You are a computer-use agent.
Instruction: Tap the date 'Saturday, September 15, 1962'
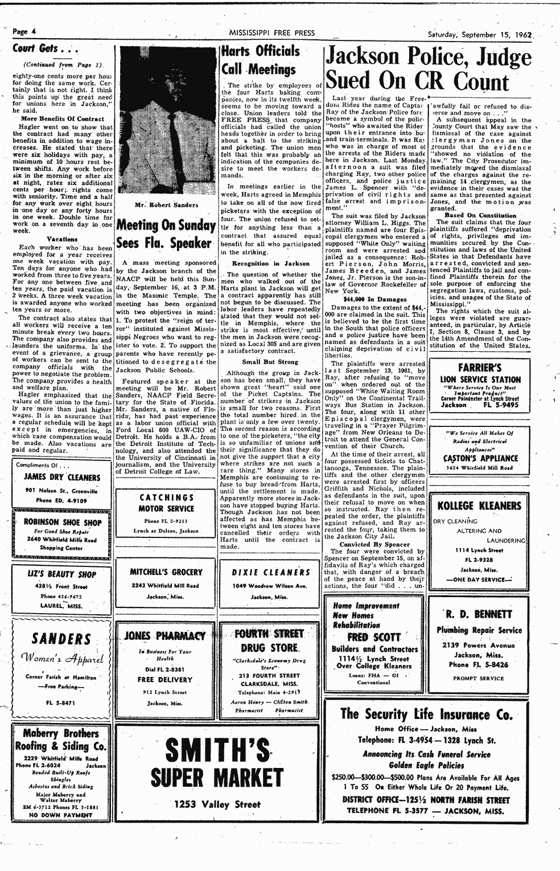tap(480, 34)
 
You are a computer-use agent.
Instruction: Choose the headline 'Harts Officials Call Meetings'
tap(260, 60)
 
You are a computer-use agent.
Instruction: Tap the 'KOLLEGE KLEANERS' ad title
tap(479, 506)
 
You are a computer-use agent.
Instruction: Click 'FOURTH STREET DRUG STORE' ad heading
tap(269, 640)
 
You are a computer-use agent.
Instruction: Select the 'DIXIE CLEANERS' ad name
tap(270, 572)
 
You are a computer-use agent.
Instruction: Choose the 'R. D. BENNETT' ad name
tap(479, 614)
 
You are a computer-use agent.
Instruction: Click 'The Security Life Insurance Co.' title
tap(426, 714)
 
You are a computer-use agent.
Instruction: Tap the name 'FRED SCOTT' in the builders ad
tap(374, 636)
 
